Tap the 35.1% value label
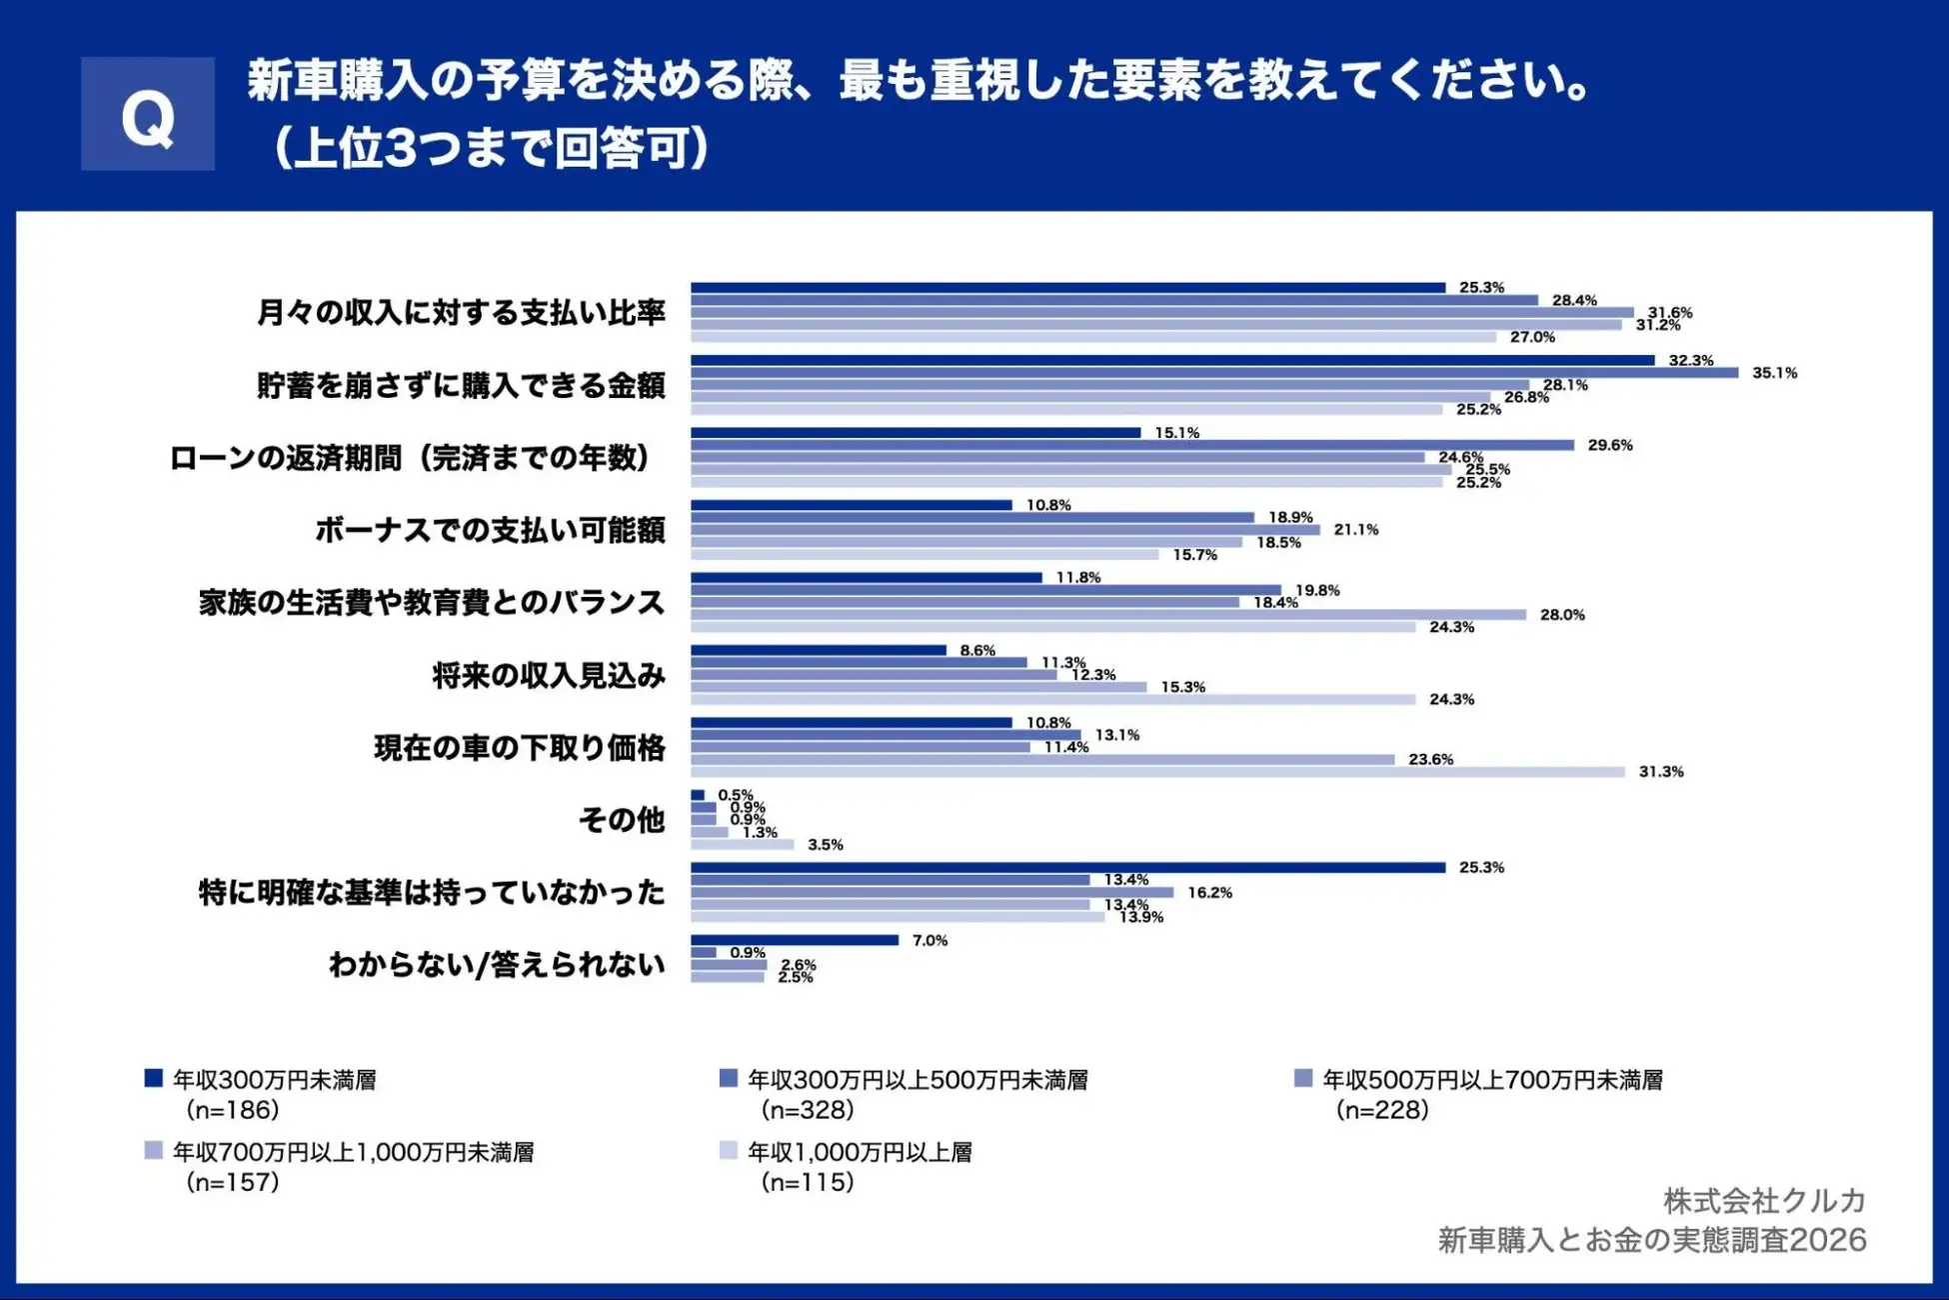coord(1774,373)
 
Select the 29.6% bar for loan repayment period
coord(1131,445)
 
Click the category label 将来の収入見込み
coord(549,676)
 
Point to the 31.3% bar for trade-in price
coord(1157,772)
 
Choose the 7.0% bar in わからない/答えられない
coord(795,940)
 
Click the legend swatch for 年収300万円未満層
coord(154,1078)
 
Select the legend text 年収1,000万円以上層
coord(860,1152)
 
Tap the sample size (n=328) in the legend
coord(808,1110)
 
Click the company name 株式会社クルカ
coord(1764,1200)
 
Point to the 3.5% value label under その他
coord(825,845)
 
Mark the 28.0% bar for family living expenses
coord(1107,615)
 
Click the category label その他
coord(622,820)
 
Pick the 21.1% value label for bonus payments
coord(1355,530)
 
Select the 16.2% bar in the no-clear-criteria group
coord(932,892)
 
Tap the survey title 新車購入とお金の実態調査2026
coord(1651,1240)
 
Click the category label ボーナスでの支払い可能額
coord(490,530)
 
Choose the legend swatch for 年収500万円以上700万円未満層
coord(1303,1078)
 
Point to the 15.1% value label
coord(1176,433)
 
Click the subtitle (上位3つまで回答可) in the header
coord(490,148)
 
